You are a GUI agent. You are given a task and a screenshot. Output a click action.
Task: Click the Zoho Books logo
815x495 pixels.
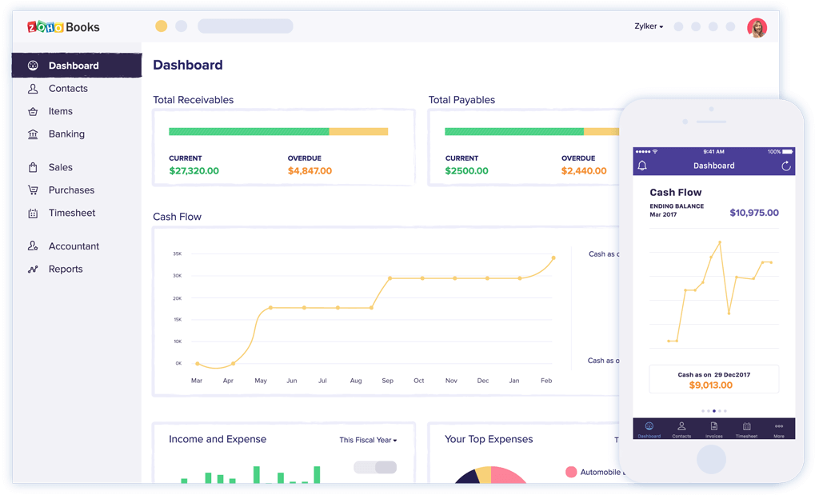[x=63, y=27]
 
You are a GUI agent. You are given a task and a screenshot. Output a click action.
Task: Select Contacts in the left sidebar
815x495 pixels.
[x=67, y=89]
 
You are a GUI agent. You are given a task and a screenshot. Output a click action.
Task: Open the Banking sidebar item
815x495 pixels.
[x=66, y=134]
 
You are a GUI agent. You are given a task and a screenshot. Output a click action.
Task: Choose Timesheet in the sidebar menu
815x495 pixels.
[x=71, y=214]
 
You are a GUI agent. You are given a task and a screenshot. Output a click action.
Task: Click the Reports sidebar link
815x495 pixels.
[x=65, y=269]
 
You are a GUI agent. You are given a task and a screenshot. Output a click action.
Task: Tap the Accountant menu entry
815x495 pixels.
[x=74, y=246]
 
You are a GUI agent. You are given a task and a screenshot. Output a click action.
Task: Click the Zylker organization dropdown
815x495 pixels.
[x=649, y=26]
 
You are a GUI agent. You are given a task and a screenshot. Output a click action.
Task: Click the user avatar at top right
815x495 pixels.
[x=757, y=27]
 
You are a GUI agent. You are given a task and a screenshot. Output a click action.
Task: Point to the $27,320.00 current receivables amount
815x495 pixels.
[x=194, y=171]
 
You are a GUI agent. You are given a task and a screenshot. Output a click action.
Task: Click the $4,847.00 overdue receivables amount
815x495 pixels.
[x=310, y=171]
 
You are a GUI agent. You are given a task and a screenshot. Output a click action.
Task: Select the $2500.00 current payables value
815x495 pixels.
[x=466, y=171]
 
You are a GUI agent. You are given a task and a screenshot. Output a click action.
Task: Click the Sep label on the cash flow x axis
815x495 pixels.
[x=387, y=381]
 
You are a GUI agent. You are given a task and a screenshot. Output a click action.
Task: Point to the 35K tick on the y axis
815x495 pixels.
[x=177, y=254]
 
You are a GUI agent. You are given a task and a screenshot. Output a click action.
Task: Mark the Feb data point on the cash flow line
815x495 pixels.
[x=553, y=258]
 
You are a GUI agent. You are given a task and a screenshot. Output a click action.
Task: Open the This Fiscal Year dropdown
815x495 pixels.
[x=368, y=440]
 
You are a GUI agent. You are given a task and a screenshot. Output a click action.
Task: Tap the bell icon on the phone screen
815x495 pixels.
[x=642, y=166]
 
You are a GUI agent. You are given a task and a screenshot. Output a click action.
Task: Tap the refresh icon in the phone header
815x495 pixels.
[x=785, y=166]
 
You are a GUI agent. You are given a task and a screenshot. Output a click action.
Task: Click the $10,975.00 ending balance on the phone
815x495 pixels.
[x=753, y=213]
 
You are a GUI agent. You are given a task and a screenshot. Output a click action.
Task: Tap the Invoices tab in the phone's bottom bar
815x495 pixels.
[x=713, y=429]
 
